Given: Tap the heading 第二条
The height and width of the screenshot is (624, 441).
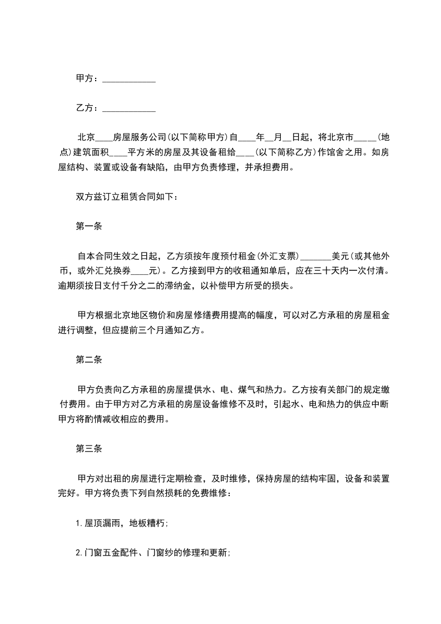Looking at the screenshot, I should tap(88, 360).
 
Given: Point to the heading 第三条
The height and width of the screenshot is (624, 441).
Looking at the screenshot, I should tap(88, 448).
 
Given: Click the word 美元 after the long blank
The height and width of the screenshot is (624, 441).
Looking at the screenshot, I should tap(340, 256).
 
